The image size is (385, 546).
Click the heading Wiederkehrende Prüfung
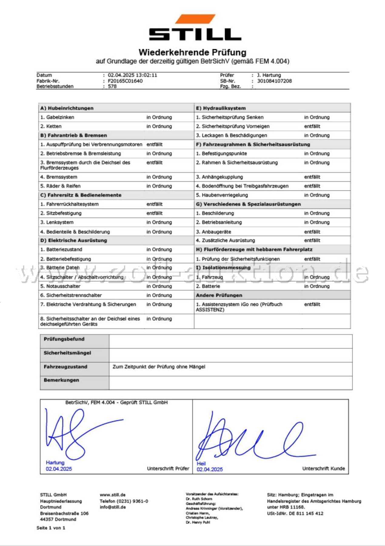[192, 52]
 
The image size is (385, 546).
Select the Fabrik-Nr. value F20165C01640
[125, 81]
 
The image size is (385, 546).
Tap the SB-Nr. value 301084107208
[274, 81]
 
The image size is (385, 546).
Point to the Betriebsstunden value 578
[112, 86]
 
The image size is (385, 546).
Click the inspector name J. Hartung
[269, 75]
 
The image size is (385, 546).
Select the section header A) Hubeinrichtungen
[67, 108]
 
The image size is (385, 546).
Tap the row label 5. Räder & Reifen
[60, 186]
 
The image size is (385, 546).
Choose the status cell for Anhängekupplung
[312, 177]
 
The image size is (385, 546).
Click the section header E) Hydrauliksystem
[221, 108]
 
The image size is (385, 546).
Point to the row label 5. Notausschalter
[60, 286]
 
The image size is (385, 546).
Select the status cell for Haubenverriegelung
[316, 195]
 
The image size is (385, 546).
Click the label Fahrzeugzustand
[65, 367]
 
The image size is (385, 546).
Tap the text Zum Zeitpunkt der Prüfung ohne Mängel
[159, 367]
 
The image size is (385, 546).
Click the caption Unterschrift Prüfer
[168, 469]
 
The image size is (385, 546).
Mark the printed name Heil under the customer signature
[201, 463]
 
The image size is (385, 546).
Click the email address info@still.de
[113, 507]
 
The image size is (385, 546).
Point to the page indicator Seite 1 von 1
[51, 528]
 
